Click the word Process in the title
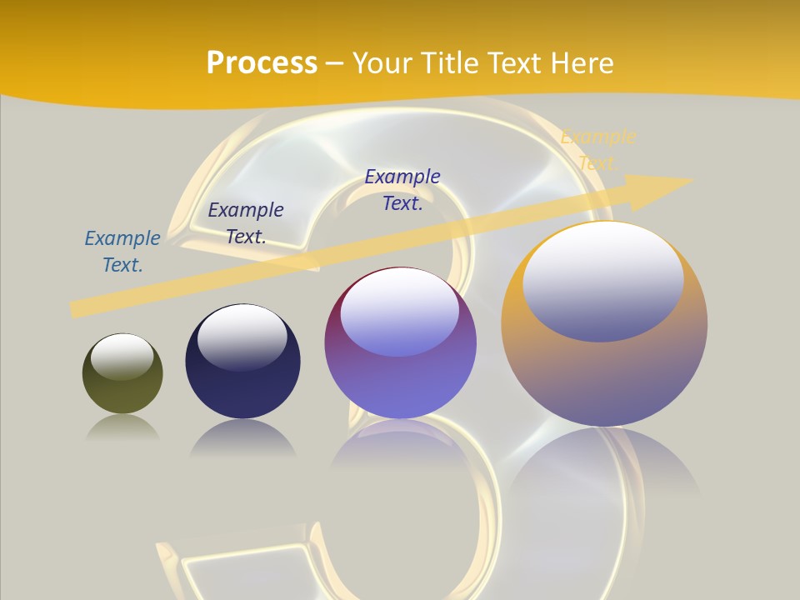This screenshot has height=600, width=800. (x=262, y=63)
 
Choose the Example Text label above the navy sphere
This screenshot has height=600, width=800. (x=246, y=223)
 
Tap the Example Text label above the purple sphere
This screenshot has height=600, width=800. (x=402, y=190)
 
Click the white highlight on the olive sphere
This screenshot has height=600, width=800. (x=122, y=356)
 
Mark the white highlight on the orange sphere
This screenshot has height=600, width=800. (x=602, y=279)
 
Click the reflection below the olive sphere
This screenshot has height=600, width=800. (x=122, y=428)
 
